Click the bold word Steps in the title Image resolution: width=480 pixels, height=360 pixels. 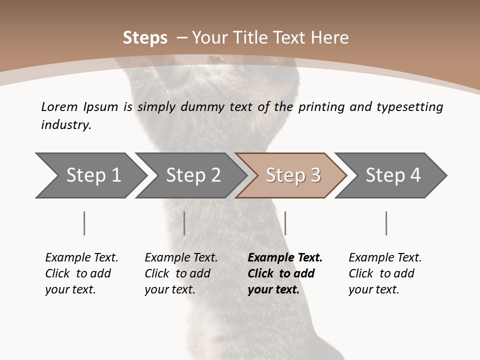coord(145,38)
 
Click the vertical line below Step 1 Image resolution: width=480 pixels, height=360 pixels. coord(84,223)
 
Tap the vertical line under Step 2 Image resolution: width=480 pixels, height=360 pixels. coord(184,223)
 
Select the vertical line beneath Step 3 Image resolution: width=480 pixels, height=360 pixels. coord(285,223)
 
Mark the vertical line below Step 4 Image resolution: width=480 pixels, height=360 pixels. coord(386,223)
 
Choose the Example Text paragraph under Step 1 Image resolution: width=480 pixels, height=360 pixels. coord(81,273)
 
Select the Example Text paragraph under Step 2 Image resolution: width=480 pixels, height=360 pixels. coord(180,273)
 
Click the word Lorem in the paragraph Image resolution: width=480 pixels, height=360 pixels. coord(59,107)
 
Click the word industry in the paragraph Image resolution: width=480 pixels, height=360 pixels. coord(65,125)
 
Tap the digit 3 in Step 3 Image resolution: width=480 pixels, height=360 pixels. coord(315,175)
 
